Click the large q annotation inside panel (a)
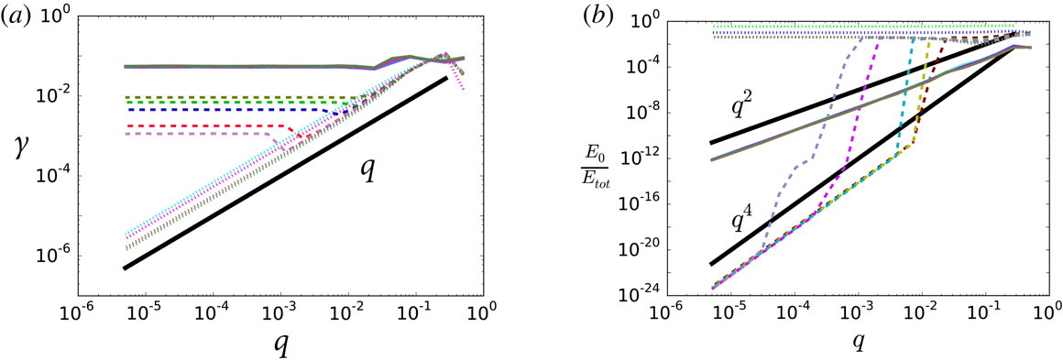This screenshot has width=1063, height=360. pyautogui.click(x=367, y=169)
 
